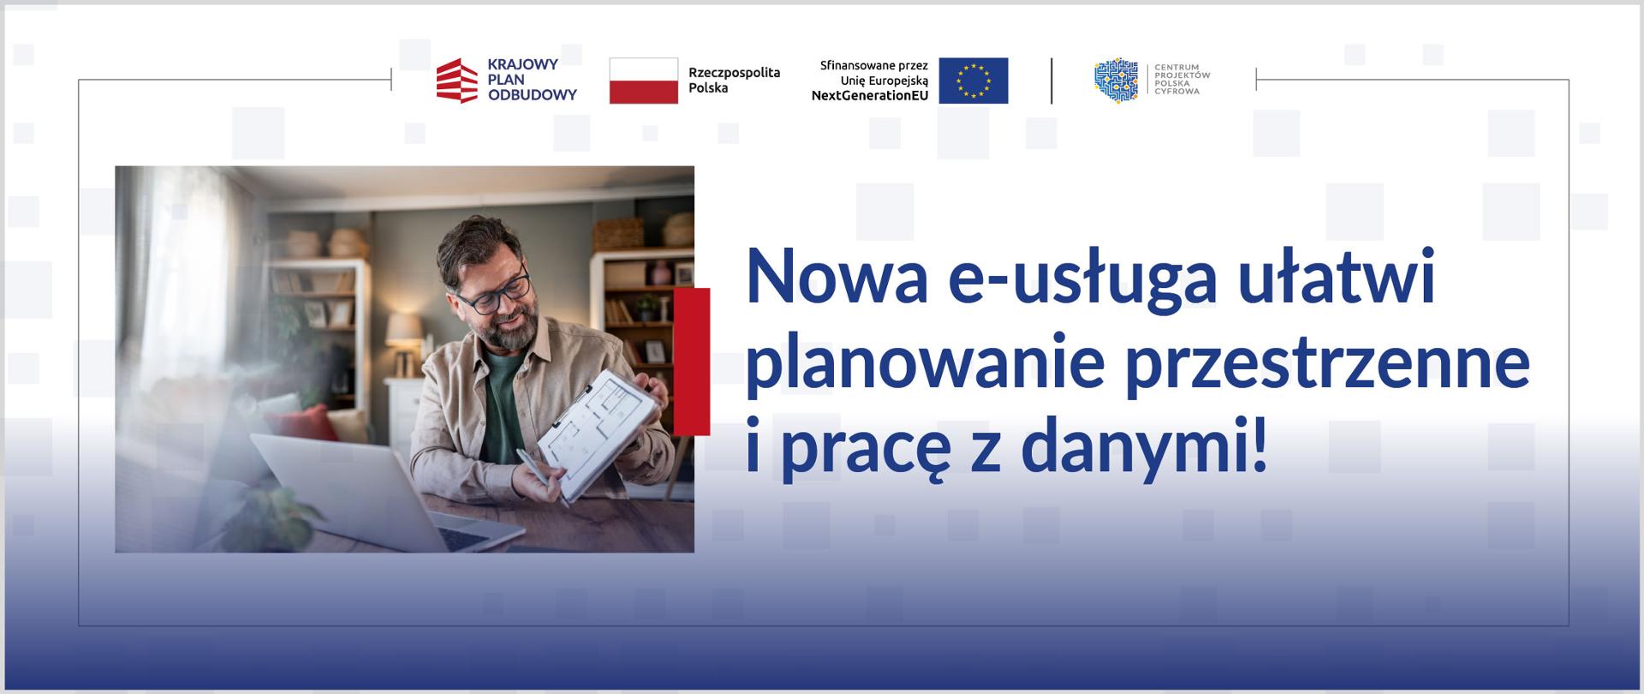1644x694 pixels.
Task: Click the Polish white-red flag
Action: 643,81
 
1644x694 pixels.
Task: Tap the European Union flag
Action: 973,81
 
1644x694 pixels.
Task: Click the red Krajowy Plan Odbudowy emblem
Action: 456,81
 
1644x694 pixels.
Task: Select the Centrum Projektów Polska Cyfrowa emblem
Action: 1116,81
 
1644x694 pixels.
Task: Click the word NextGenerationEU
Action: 869,96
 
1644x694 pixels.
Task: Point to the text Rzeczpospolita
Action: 734,73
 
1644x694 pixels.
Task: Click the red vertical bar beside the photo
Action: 692,362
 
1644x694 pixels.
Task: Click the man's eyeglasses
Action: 494,295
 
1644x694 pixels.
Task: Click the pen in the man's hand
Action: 540,478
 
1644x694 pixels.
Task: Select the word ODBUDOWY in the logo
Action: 532,95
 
